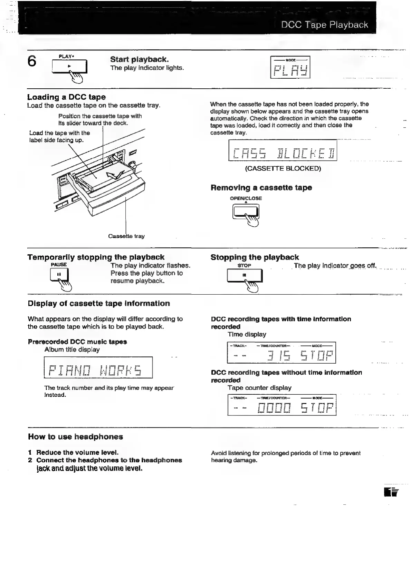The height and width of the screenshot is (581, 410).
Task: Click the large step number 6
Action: click(x=32, y=61)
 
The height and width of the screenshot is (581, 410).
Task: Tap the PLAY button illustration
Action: click(x=69, y=67)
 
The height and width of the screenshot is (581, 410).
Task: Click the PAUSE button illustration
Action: click(x=59, y=275)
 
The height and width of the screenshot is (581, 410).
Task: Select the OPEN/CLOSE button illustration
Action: click(x=246, y=211)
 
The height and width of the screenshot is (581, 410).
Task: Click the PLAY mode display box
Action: click(x=290, y=67)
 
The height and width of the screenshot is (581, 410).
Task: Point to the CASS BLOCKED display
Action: click(x=283, y=150)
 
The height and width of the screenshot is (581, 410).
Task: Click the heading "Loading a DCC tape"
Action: click(x=66, y=97)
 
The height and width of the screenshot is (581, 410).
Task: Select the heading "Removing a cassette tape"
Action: click(x=261, y=188)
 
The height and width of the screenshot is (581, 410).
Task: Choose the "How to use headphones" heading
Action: click(x=75, y=437)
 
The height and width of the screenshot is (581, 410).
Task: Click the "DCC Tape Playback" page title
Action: click(x=324, y=25)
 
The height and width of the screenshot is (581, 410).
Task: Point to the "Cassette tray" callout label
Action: click(x=126, y=236)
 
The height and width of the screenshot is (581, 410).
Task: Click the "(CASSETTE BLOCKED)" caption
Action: click(x=283, y=168)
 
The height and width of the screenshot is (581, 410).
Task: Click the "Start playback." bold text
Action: click(x=139, y=59)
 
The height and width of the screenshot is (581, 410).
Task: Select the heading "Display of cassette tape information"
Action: click(x=99, y=304)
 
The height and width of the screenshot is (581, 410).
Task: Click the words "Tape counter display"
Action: click(x=259, y=388)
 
